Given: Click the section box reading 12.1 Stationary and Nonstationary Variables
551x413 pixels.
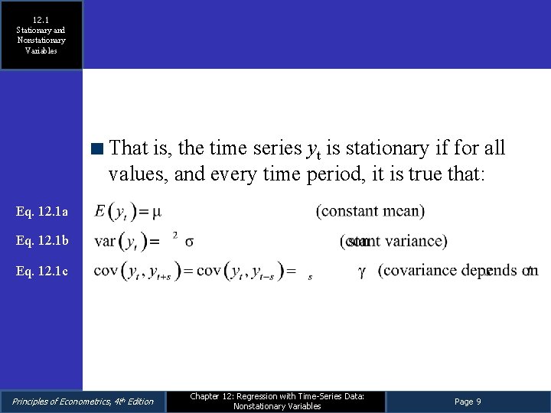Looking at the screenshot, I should click(x=41, y=35).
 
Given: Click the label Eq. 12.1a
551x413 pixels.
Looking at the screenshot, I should click(x=43, y=211).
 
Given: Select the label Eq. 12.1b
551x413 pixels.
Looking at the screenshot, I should click(x=43, y=241).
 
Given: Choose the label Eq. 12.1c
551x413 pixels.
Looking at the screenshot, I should click(x=43, y=271).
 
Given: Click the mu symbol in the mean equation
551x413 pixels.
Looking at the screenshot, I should click(x=157, y=210).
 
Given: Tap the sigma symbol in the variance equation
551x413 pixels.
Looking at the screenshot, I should click(x=189, y=242).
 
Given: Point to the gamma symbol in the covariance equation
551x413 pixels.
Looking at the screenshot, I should click(x=361, y=272).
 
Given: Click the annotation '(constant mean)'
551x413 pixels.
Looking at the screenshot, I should click(x=370, y=210).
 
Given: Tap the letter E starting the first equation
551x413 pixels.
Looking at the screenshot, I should click(x=99, y=210).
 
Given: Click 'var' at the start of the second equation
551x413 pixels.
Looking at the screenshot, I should click(x=105, y=242).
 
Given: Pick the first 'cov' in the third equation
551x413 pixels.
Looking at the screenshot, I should click(x=106, y=271).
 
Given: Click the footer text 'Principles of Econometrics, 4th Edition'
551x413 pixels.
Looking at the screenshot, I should click(x=83, y=402).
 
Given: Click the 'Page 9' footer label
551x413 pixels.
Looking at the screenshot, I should click(x=468, y=402).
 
